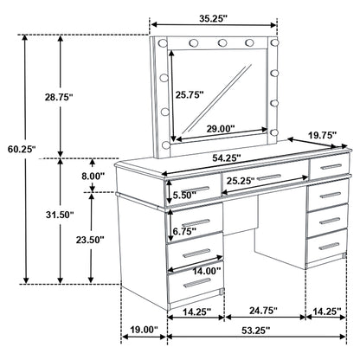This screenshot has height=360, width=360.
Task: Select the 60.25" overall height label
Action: tap(19, 150)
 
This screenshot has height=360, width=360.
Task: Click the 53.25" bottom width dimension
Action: tap(256, 330)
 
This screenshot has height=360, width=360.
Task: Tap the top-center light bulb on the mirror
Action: tap(222, 42)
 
